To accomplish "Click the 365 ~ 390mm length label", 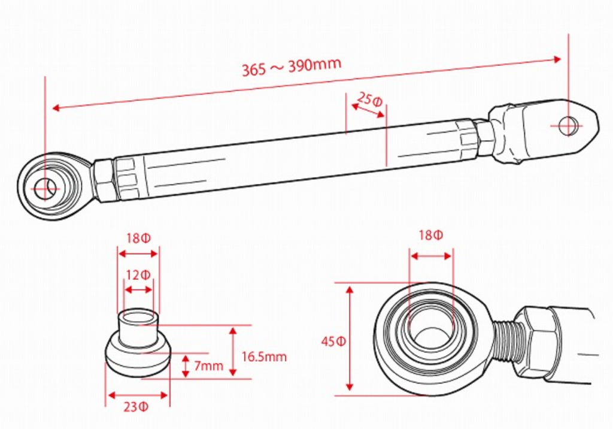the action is coord(292,67).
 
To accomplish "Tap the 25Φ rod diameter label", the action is coord(369,99).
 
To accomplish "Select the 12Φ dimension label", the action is coord(138,276).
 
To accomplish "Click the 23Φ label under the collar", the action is coord(137,407).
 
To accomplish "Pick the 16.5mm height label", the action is coord(264,357).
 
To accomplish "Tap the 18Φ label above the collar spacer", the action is coord(138,238).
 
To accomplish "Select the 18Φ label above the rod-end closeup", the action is coord(431,235).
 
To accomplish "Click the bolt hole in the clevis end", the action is coord(569,126).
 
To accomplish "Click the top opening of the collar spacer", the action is coord(138,316).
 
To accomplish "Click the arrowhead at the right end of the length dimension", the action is coord(558,59).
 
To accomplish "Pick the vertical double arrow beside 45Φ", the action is coord(350,339).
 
